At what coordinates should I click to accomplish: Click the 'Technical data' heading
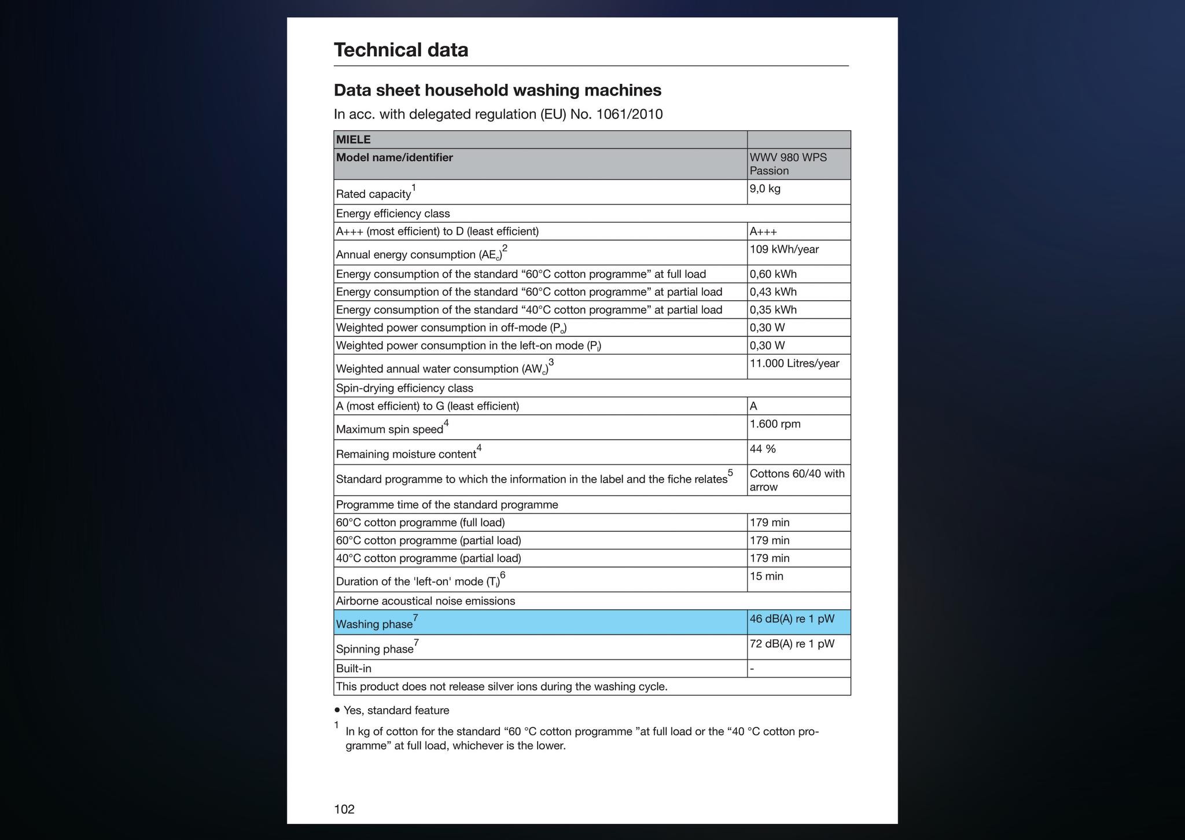pos(401,50)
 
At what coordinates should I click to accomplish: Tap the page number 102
pos(344,809)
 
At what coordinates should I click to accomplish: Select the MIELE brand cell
pos(354,139)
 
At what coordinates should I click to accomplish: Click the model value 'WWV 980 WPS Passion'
pos(787,164)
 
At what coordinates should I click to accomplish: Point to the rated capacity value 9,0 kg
pos(765,189)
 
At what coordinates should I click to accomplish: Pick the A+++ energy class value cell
pos(763,231)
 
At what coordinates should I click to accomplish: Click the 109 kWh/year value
pos(784,249)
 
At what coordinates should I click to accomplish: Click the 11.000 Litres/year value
pos(794,363)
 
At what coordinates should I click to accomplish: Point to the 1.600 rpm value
pos(775,424)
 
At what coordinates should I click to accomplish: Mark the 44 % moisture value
pos(763,449)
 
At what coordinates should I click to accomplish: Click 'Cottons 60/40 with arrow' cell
pos(797,480)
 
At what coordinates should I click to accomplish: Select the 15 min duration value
pos(766,576)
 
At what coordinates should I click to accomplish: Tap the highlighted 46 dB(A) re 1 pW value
pos(792,618)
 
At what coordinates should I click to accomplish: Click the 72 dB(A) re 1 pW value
pos(792,643)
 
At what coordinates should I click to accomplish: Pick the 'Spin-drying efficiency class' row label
pos(404,388)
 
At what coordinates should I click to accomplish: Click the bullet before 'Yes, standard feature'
pos(337,710)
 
